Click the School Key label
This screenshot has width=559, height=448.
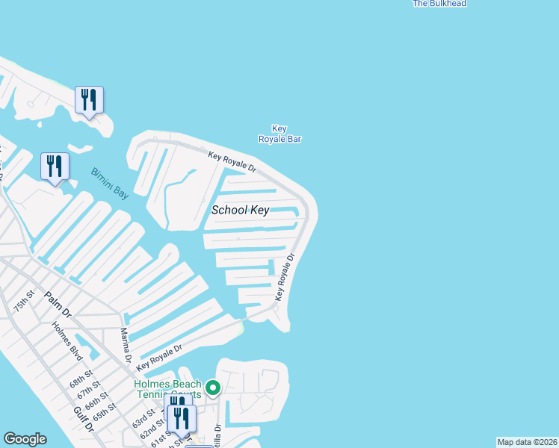coord(239,210)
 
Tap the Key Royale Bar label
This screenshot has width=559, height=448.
coord(279,134)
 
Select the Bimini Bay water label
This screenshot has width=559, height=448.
coord(110,184)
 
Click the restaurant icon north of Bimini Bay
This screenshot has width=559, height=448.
coord(89,100)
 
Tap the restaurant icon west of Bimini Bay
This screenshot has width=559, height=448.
coord(55,167)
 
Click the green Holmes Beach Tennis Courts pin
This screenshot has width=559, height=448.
coord(213,388)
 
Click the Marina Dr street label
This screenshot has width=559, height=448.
coord(126,346)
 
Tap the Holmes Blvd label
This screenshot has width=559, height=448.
coord(67,341)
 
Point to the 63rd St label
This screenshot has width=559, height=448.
coord(144,417)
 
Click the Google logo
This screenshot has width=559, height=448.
coord(25,439)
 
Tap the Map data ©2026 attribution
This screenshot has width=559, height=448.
coord(527,442)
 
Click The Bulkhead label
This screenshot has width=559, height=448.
coord(439,4)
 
